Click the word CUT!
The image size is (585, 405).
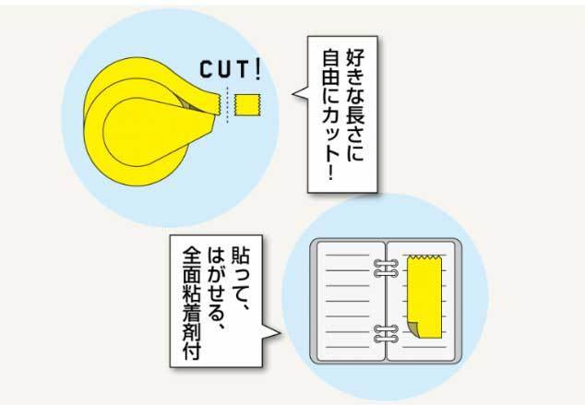tap(230, 69)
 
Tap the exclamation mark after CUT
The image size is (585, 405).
tap(257, 69)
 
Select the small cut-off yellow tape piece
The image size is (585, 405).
tap(247, 105)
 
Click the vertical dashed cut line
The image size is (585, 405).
tap(227, 105)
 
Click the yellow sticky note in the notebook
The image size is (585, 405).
tap(425, 296)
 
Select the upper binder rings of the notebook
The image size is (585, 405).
tap(386, 268)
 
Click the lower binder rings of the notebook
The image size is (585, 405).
tap(386, 334)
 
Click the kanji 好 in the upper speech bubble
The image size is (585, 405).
tap(355, 56)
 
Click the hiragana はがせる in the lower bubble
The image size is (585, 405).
tap(217, 282)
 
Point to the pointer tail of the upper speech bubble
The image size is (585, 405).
tap(300, 93)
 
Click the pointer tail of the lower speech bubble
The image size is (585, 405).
tap(271, 332)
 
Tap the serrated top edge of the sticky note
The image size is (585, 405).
tap(424, 257)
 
